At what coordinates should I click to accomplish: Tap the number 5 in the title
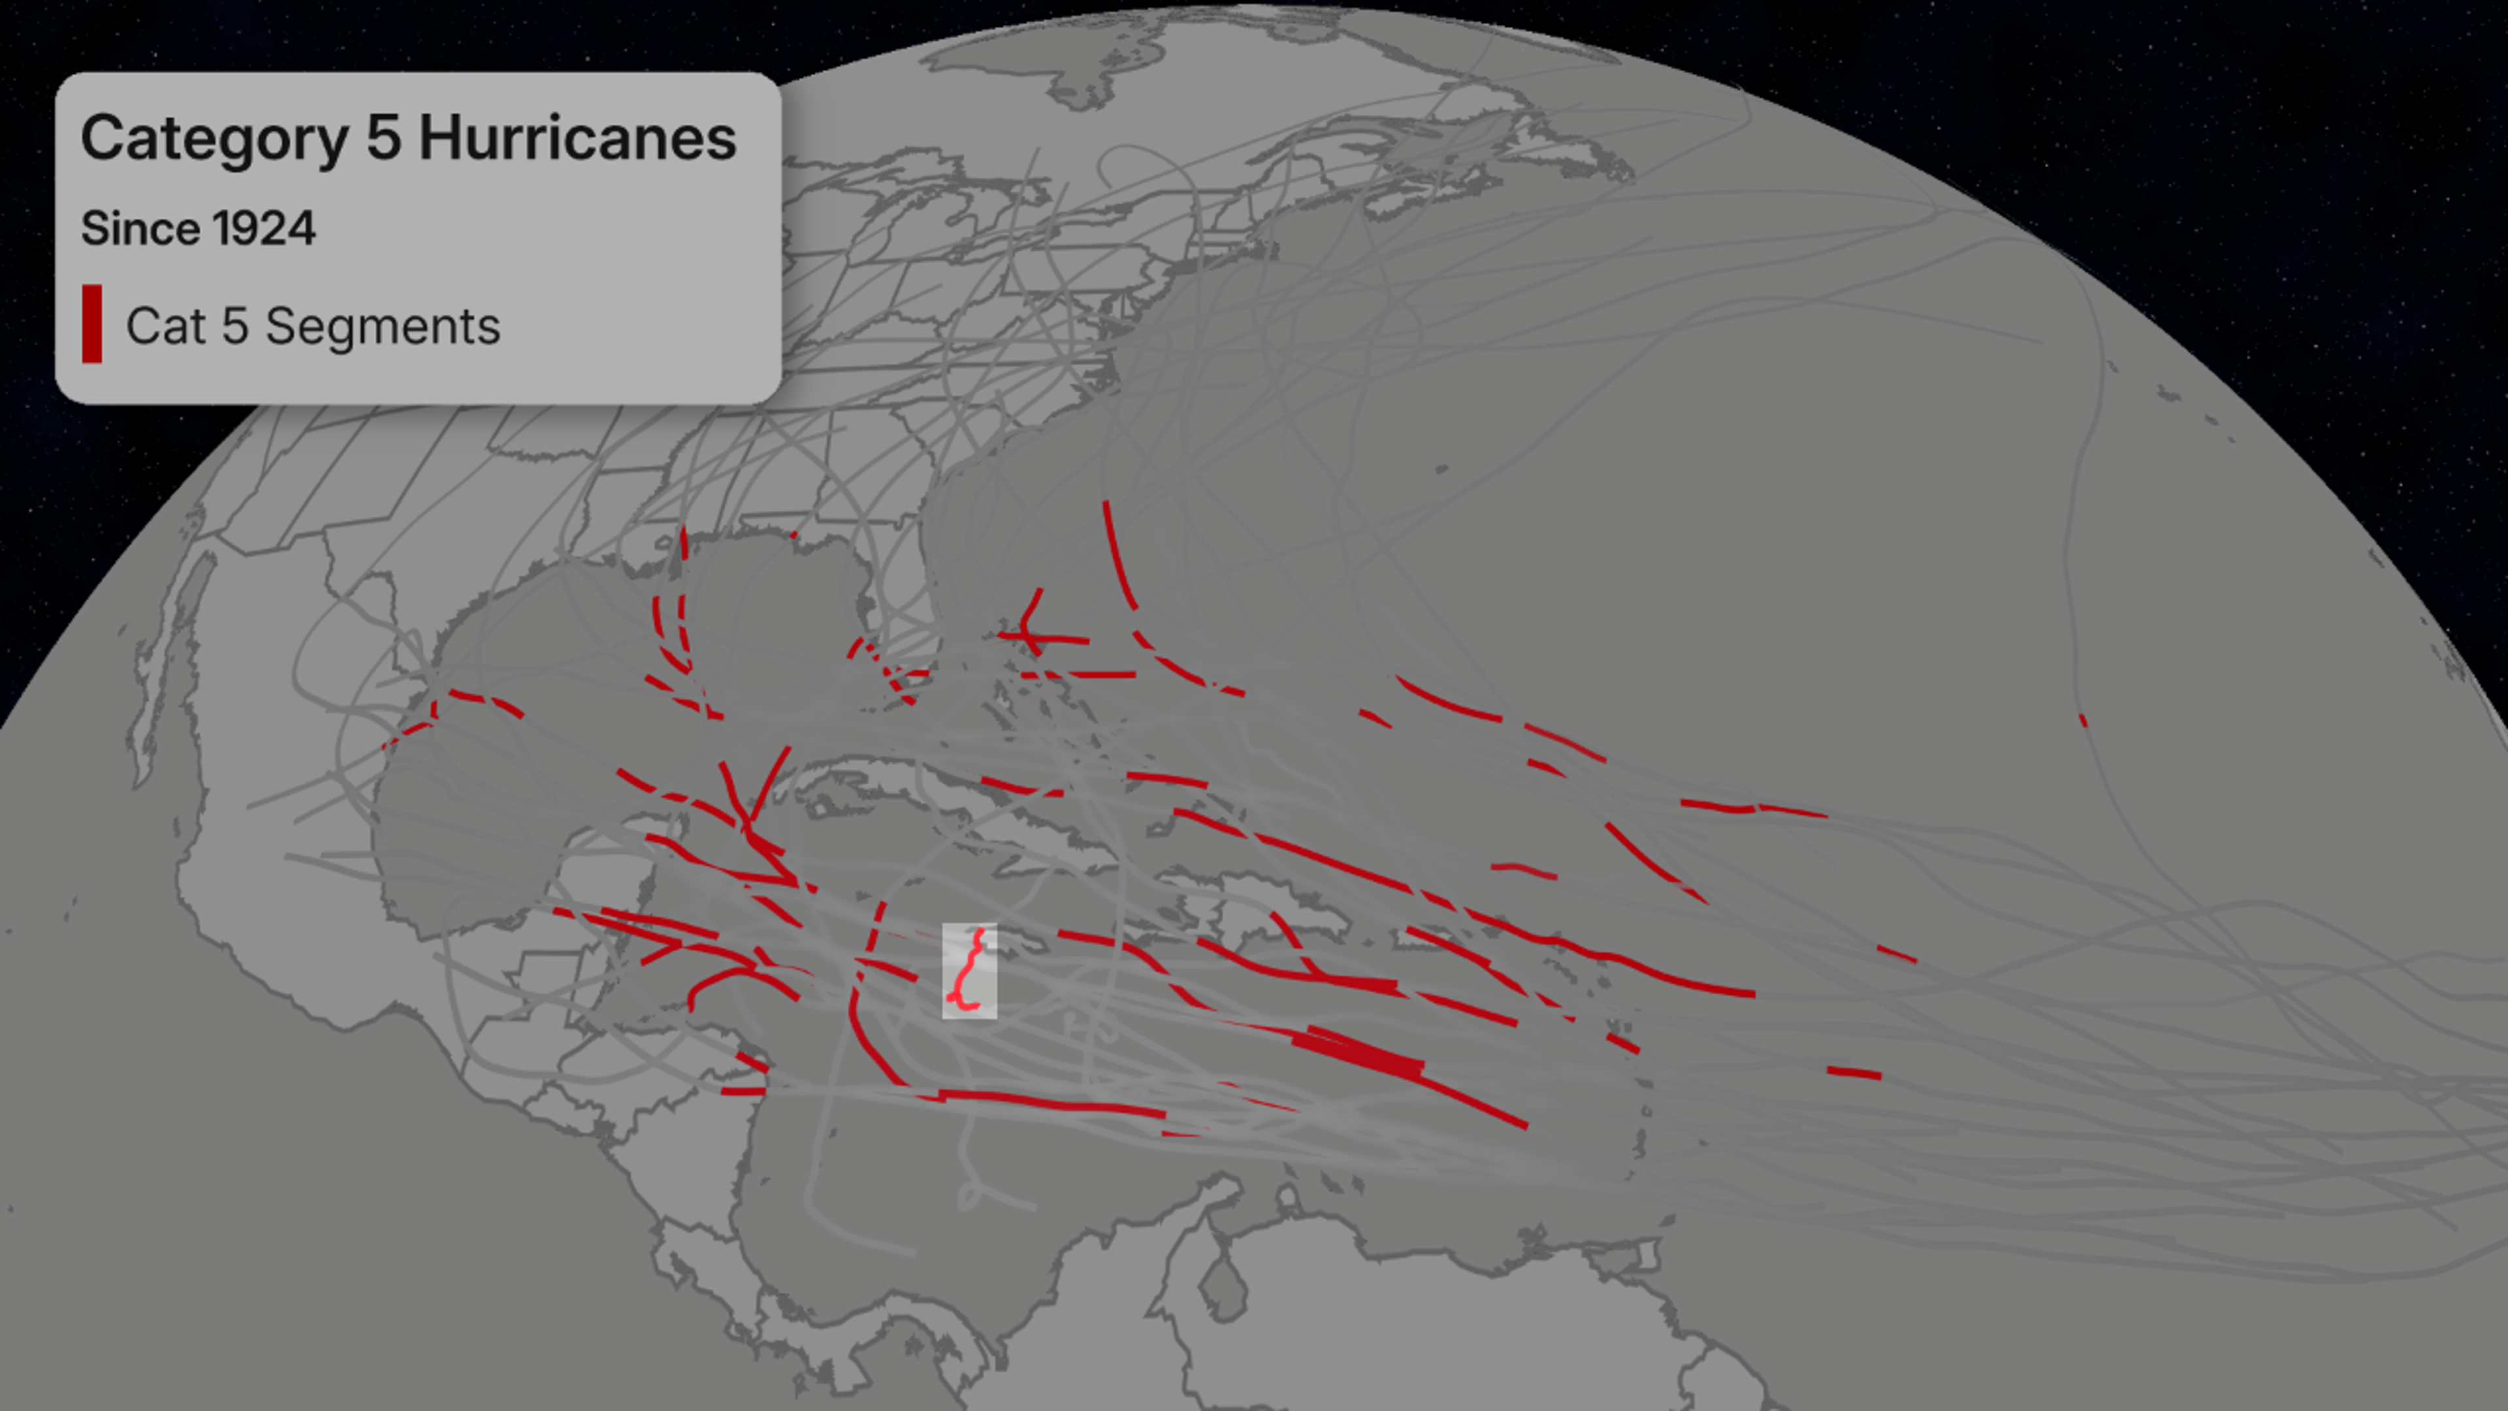[383, 138]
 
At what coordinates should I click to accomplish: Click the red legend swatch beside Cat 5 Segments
[91, 324]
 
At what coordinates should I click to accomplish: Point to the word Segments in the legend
[383, 326]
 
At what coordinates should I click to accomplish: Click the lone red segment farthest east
[2083, 721]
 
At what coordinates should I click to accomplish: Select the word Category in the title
[214, 138]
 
